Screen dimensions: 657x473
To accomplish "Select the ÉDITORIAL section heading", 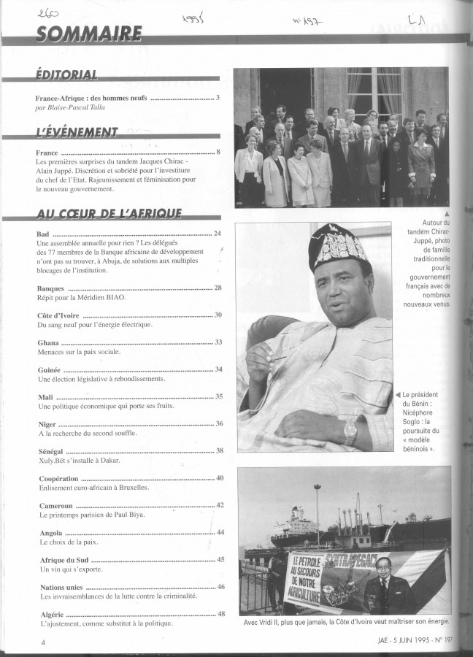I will click(x=66, y=75).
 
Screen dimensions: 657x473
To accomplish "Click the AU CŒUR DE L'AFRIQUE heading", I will click(x=109, y=213).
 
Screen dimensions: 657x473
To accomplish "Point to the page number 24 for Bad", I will click(x=218, y=234).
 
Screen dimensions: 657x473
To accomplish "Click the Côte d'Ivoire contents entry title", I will click(x=59, y=315).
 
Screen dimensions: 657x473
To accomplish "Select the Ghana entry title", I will click(x=47, y=342).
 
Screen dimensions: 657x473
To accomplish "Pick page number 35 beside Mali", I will click(x=219, y=396).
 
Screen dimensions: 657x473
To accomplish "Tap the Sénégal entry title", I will click(x=50, y=450).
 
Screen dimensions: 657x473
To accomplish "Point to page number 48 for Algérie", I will click(x=220, y=613).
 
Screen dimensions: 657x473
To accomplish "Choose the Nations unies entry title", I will click(x=61, y=586).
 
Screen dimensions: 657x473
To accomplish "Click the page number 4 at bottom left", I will click(x=43, y=642).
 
